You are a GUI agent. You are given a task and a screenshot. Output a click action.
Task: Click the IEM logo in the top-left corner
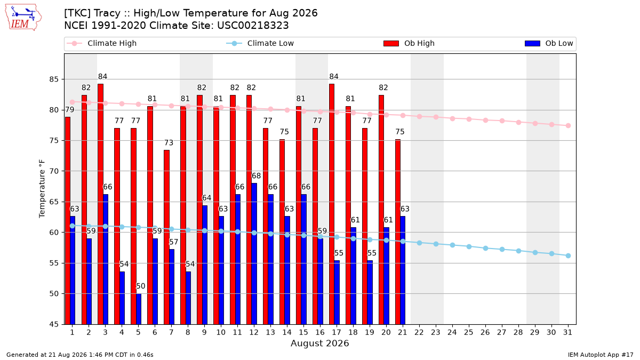(23, 18)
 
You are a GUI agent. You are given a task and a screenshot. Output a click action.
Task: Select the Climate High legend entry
(102, 43)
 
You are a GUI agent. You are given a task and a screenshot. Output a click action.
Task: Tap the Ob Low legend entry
(549, 43)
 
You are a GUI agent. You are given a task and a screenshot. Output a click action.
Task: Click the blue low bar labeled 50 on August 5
(139, 309)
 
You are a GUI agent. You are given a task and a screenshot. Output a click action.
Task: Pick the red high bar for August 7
(166, 237)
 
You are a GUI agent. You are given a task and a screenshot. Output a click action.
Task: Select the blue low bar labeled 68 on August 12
(254, 254)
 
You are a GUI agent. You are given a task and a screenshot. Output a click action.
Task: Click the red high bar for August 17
(332, 204)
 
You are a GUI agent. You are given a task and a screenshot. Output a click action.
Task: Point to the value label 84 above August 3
(102, 77)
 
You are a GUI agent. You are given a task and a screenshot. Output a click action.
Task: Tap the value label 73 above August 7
(169, 142)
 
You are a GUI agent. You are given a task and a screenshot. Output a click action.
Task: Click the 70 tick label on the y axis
(54, 171)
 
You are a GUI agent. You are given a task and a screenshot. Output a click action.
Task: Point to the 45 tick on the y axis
(54, 325)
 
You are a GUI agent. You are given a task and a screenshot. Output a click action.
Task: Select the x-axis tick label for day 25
(469, 333)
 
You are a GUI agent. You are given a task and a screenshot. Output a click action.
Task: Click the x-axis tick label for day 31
(567, 333)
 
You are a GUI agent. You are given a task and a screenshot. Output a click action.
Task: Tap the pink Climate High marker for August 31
(568, 126)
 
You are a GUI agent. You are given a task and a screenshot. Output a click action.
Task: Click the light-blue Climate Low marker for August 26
(485, 249)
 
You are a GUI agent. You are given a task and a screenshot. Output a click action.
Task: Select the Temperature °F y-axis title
(42, 189)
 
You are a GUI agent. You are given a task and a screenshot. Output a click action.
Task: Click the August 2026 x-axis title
(319, 343)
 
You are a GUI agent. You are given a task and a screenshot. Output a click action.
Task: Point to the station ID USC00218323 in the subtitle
(253, 26)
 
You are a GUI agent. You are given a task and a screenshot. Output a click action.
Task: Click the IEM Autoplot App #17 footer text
(601, 355)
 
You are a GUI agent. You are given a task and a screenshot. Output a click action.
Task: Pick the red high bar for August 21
(398, 232)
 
